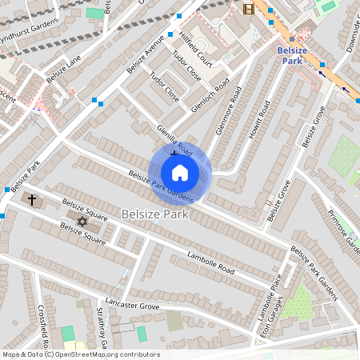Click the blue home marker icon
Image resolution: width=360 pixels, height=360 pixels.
coord(180,173)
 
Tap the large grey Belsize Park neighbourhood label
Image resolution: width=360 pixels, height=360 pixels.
coord(157,214)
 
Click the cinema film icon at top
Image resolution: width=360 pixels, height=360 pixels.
coord(248,9)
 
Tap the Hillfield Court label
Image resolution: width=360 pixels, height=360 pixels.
coord(194,49)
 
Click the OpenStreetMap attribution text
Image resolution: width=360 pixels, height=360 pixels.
coord(81,354)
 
